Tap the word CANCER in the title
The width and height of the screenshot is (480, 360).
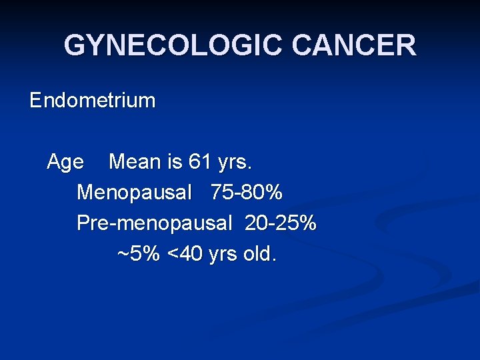click(354, 45)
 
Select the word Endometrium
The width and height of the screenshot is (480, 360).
click(93, 101)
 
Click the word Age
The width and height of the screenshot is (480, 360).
click(65, 162)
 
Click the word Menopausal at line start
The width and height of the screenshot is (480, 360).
click(134, 193)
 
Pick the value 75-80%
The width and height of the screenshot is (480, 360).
click(247, 193)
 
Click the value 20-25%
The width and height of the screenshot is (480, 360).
click(281, 223)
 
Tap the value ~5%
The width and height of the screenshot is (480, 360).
click(138, 254)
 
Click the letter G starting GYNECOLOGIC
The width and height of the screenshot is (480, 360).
click(75, 45)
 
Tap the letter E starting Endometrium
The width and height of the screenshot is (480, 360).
click(35, 101)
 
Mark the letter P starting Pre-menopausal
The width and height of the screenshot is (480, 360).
click(83, 223)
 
